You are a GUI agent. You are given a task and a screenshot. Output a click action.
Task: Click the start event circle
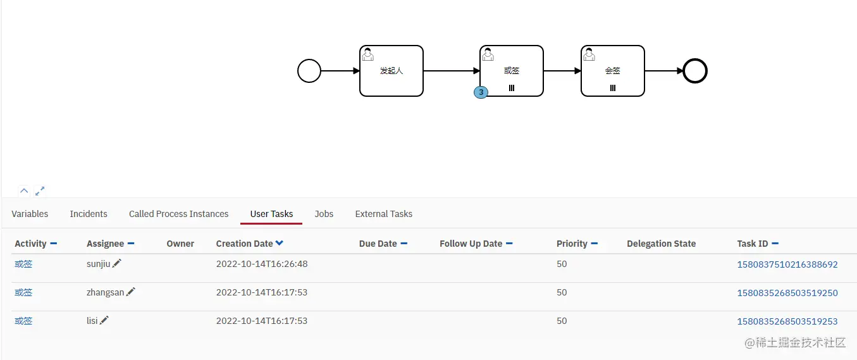[x=309, y=71]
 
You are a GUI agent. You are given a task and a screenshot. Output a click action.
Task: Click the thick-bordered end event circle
[x=695, y=71]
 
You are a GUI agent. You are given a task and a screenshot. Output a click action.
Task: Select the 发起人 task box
[x=392, y=71]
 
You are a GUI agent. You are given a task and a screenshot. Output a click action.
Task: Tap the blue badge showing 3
[x=481, y=92]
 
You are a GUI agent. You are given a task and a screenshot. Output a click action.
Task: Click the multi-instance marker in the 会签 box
[x=612, y=88]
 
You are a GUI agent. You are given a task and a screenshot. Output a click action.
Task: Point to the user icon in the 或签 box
[x=488, y=54]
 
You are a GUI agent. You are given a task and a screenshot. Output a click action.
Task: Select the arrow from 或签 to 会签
[x=562, y=71]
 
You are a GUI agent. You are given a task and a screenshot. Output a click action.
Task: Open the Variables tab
[x=30, y=214]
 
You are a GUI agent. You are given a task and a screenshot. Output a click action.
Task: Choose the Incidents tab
[x=89, y=214]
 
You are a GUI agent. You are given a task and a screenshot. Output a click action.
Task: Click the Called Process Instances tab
[x=178, y=214]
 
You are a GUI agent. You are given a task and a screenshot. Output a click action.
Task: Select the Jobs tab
[x=324, y=214]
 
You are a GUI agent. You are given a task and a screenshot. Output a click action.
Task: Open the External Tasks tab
[x=384, y=214]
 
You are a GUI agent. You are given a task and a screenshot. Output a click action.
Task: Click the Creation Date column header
[x=245, y=244]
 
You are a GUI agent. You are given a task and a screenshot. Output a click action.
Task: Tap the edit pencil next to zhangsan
[x=131, y=292]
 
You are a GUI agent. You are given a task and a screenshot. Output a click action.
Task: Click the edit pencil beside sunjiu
[x=116, y=263]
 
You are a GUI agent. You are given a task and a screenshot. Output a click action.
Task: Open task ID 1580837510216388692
[x=787, y=264]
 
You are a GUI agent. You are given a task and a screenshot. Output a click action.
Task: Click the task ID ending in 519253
[x=787, y=321]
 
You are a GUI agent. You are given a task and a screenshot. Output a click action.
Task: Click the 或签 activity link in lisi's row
[x=23, y=321]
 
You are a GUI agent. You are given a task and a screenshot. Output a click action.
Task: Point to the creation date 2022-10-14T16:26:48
[x=262, y=264]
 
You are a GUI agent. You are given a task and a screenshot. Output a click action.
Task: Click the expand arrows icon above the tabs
[x=40, y=191]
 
